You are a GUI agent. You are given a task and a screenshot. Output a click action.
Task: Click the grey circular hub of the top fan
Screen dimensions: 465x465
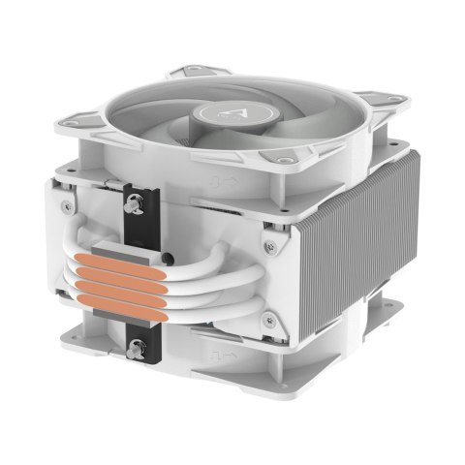pos(237,115)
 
